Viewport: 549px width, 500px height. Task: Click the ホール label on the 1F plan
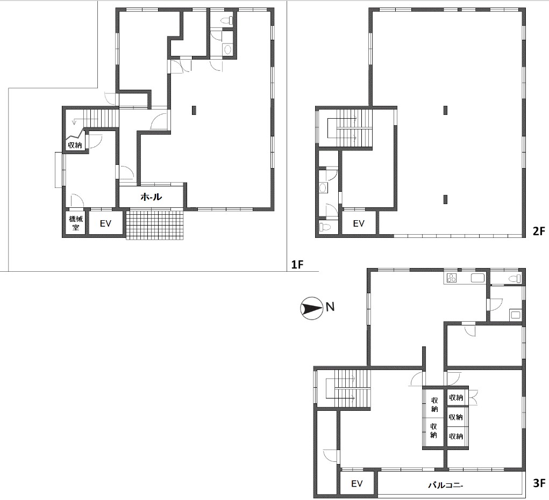(x=151, y=197)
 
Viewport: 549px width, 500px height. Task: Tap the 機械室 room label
(x=76, y=223)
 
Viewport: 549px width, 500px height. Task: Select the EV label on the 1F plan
(x=105, y=223)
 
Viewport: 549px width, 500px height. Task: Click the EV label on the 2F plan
(x=359, y=223)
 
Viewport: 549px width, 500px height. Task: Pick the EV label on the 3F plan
(x=357, y=484)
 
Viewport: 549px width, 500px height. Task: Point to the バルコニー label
(x=446, y=485)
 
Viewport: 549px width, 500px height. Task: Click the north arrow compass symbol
(x=311, y=308)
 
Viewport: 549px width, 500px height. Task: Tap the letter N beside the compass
(x=330, y=307)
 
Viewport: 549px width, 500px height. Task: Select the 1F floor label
(x=297, y=265)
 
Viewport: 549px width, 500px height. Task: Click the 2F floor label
(x=539, y=231)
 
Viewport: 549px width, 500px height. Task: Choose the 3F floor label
(x=539, y=483)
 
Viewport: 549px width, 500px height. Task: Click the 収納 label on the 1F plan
(x=75, y=145)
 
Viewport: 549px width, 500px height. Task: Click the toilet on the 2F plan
(x=325, y=227)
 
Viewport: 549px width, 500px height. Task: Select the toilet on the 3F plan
(x=515, y=279)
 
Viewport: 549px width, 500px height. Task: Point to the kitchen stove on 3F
(x=451, y=278)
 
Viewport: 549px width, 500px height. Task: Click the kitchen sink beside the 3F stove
(x=477, y=278)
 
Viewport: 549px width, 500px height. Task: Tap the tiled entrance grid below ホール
(x=155, y=224)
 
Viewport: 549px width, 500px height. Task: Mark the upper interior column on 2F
(x=445, y=110)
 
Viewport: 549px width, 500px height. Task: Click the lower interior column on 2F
(x=445, y=199)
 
